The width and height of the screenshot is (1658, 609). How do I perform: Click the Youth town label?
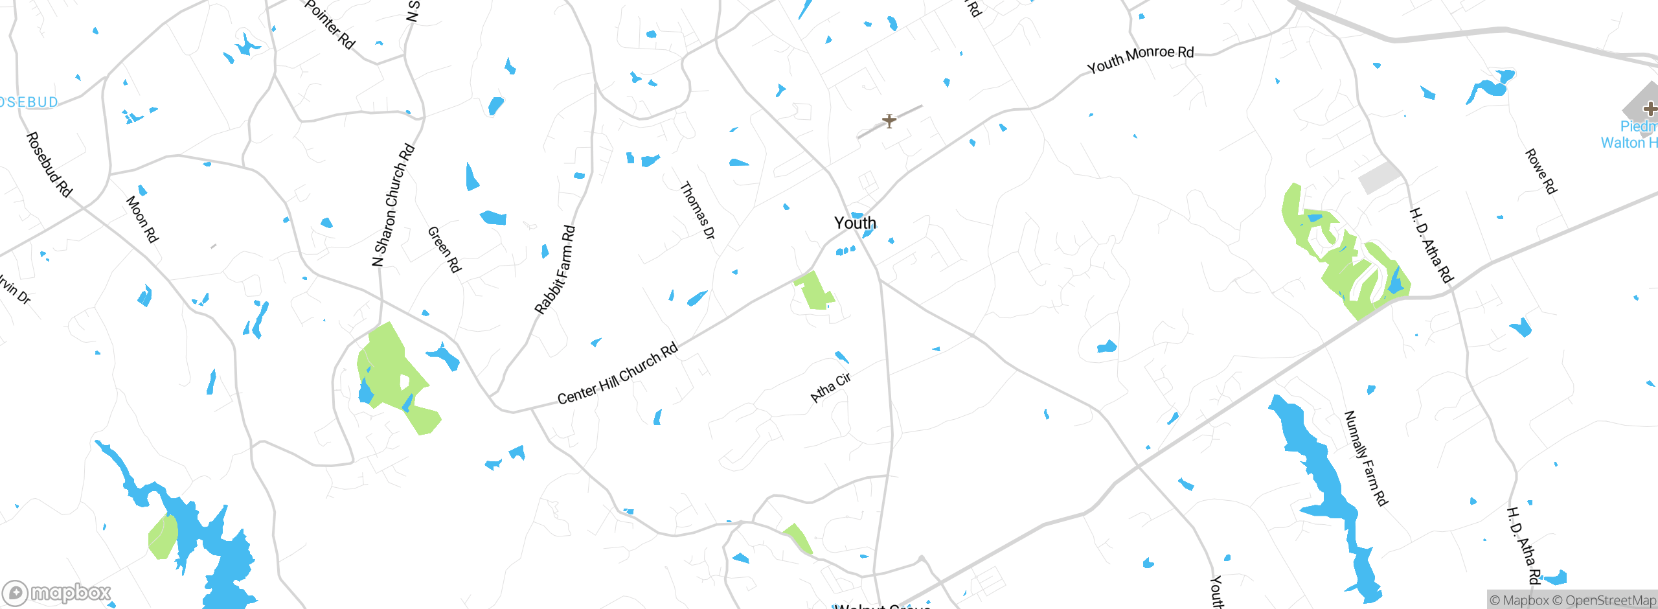[855, 223]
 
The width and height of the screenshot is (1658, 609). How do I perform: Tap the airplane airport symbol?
[889, 121]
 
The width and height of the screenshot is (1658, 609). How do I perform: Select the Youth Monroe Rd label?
[1140, 60]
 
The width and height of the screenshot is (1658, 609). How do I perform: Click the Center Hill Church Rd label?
[617, 373]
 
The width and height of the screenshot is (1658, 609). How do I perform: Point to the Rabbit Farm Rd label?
[555, 270]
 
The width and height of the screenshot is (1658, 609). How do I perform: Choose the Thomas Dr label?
[698, 210]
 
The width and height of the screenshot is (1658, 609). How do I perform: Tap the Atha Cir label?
[830, 387]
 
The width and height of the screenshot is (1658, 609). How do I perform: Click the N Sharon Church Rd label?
[393, 205]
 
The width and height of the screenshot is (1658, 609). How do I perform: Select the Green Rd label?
[444, 249]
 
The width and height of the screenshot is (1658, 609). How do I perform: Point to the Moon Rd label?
[142, 219]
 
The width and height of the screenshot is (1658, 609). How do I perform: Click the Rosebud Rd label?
[49, 164]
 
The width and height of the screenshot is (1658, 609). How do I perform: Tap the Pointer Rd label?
[330, 25]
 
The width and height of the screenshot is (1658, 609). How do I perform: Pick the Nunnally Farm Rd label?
[1365, 457]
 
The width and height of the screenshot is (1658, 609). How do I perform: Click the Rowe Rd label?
[1541, 171]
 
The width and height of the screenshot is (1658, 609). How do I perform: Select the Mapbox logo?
[57, 593]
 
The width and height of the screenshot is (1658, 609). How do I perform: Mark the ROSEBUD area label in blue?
[28, 102]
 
